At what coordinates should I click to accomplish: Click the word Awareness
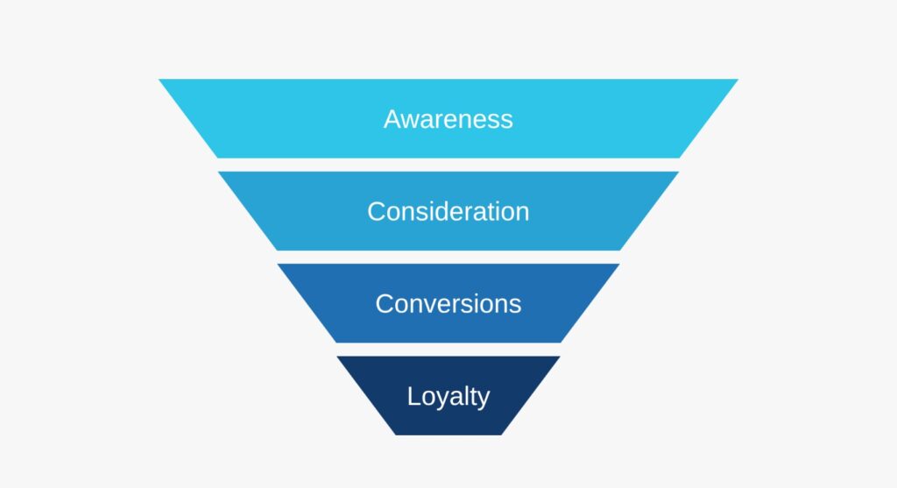pos(448,119)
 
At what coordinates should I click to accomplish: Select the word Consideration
pos(448,211)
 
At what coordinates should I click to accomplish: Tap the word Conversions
pos(448,303)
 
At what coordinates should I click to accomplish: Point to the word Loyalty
pos(448,397)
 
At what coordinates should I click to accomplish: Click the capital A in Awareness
pos(392,119)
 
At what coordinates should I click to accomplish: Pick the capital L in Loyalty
pos(413,396)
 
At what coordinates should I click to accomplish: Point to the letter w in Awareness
pos(412,122)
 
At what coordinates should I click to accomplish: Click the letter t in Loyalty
pos(470,397)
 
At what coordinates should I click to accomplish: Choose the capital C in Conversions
pos(385,303)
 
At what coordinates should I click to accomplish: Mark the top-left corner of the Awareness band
pos(159,79)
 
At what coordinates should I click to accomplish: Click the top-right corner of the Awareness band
pos(738,79)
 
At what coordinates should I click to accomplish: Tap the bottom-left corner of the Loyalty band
pos(395,435)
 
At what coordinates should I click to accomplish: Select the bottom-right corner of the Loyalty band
pos(502,435)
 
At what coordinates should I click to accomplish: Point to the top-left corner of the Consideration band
pos(218,172)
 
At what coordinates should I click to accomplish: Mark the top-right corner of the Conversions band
pos(620,264)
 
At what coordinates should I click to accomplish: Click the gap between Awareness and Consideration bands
pos(448,165)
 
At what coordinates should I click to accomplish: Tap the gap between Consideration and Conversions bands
pos(448,257)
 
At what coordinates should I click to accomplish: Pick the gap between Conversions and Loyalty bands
pos(448,350)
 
